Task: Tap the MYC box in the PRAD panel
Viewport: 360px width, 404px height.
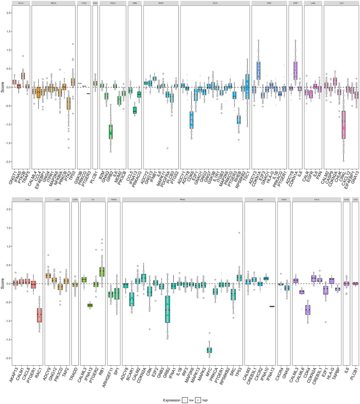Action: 209,350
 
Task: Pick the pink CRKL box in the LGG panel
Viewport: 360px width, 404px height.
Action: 344,128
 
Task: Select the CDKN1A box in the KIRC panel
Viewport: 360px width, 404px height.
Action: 258,70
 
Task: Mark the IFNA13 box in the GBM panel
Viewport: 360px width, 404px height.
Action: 135,110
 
